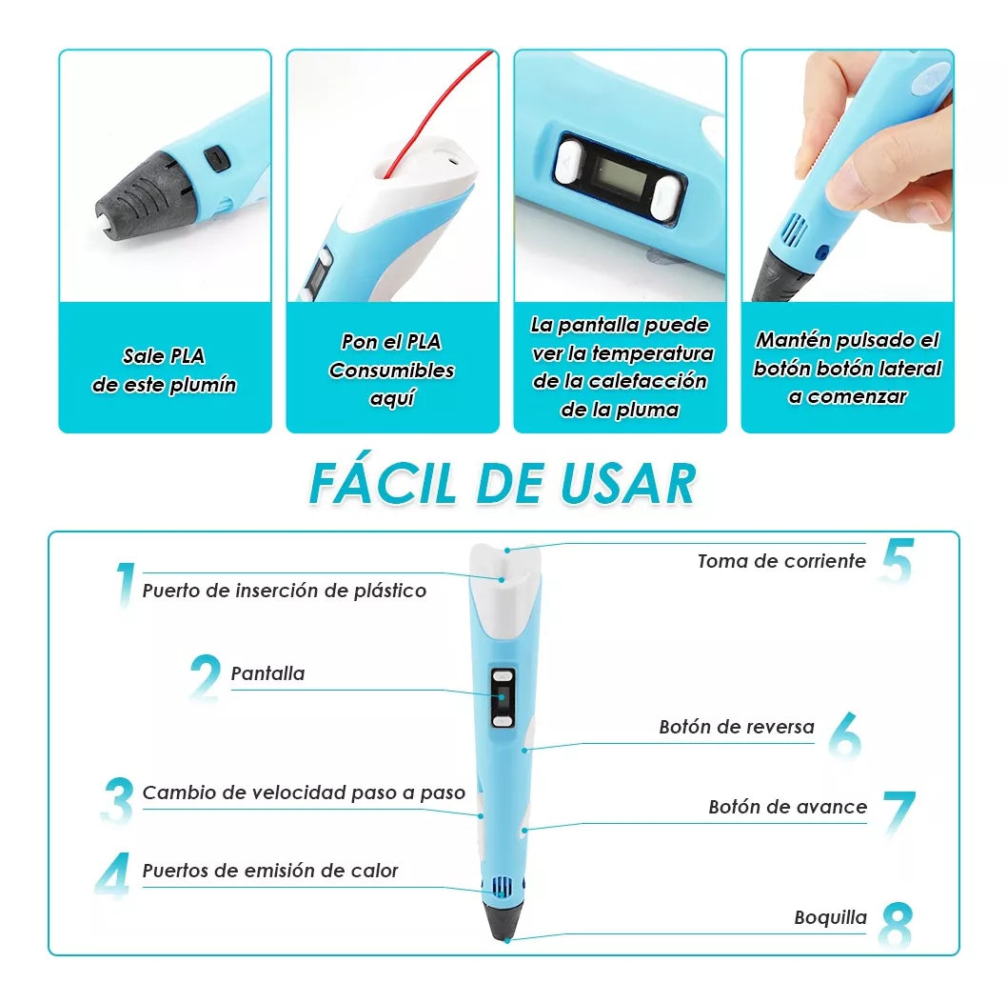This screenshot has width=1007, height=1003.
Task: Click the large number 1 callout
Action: click(x=124, y=585)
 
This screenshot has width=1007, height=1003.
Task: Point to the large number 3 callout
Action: click(x=118, y=801)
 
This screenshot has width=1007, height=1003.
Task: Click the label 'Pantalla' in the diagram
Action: click(x=267, y=673)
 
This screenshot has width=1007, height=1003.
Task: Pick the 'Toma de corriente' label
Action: click(x=781, y=561)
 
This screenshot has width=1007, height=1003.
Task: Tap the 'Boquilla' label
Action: click(x=830, y=918)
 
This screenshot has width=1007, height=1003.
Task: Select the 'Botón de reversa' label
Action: click(x=737, y=727)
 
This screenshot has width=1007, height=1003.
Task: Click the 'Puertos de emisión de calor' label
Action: click(x=270, y=871)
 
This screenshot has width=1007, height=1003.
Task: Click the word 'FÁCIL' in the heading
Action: click(x=385, y=483)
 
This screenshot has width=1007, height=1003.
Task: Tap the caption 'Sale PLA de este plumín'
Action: click(x=165, y=371)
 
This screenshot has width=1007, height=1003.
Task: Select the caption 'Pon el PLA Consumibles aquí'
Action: click(x=391, y=371)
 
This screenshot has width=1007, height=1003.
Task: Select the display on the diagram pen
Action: click(x=502, y=702)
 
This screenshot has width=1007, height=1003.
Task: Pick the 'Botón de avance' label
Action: click(x=787, y=807)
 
